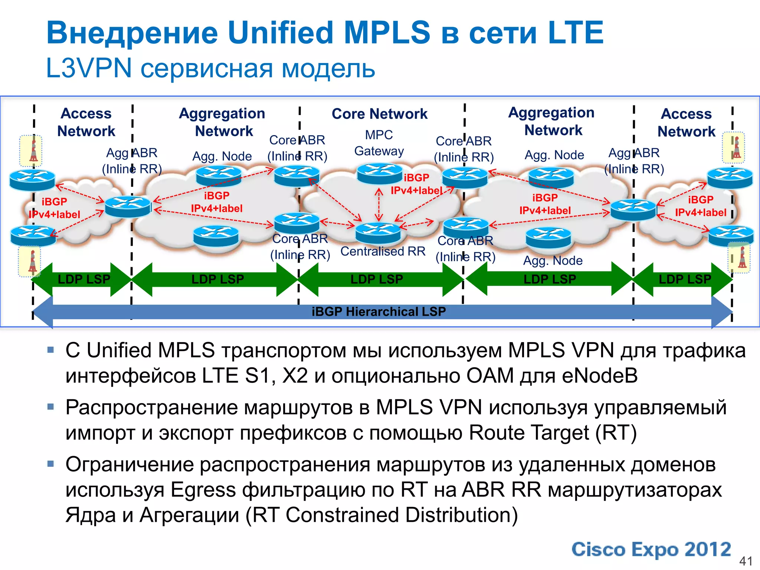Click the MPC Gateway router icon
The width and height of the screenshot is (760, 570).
pos(380,173)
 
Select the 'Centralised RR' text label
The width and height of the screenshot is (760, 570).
pos(383,252)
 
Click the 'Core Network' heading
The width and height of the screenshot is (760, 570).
pos(379,114)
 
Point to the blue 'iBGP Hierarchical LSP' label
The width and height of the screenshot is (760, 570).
pos(379,311)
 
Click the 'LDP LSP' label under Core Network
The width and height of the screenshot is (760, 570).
pos(377,279)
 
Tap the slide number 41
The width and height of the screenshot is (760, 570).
pos(746,561)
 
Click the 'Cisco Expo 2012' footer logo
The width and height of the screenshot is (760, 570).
pos(651,550)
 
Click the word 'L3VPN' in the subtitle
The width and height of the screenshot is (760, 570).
pos(89,68)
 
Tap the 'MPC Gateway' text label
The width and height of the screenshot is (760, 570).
pos(379,143)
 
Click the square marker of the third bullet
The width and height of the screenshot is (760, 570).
pos(51,464)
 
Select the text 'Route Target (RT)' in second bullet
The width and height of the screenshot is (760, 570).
pos(553,433)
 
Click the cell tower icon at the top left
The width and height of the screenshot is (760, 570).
pos(31,151)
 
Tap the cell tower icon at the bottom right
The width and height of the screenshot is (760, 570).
pos(740,258)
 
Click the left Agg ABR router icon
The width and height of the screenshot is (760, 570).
pos(128,206)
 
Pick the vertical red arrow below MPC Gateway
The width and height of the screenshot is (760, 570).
pos(379,204)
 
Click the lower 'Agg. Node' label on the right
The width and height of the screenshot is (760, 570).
pos(553,261)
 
